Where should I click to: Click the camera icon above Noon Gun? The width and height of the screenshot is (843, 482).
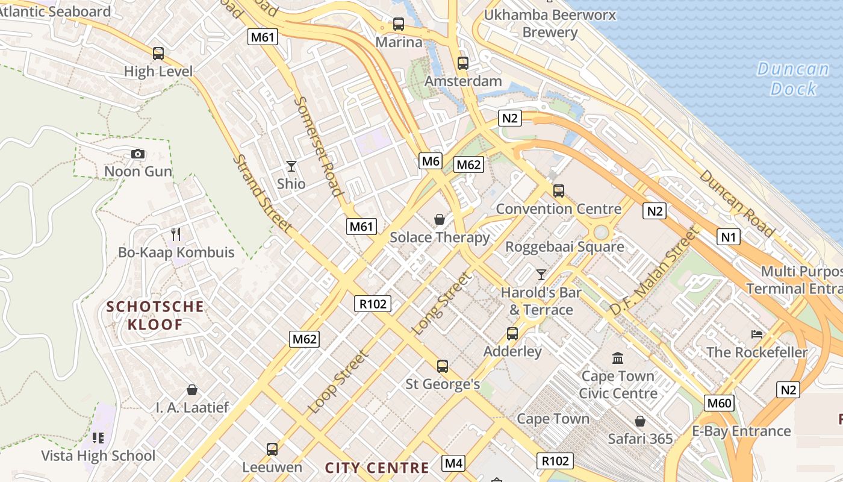[138, 154]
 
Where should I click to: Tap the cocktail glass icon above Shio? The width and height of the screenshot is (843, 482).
[291, 166]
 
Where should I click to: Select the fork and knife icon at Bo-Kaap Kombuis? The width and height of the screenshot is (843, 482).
[176, 234]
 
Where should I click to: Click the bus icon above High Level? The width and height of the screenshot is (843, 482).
[158, 54]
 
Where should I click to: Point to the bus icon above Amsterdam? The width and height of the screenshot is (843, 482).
[463, 63]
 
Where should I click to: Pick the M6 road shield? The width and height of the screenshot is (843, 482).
[431, 161]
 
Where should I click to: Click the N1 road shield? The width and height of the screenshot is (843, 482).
[729, 237]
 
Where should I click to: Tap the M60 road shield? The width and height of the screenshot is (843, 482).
[719, 403]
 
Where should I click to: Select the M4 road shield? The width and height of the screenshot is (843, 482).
[453, 463]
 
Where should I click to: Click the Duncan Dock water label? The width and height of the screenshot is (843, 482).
[793, 79]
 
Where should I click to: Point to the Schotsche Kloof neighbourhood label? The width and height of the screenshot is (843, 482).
[155, 316]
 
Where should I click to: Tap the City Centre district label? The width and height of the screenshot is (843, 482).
[377, 468]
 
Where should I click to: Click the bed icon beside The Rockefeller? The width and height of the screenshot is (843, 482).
[757, 334]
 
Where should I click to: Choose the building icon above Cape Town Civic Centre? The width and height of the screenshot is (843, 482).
[618, 358]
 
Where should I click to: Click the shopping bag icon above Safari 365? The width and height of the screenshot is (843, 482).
[639, 421]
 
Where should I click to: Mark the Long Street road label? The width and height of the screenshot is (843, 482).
[441, 304]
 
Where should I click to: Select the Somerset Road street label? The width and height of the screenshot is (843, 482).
[319, 146]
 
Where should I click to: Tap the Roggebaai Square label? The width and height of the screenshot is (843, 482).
[564, 247]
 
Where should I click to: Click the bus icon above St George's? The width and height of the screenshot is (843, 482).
[443, 366]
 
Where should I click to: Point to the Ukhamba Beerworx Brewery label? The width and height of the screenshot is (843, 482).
[550, 23]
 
